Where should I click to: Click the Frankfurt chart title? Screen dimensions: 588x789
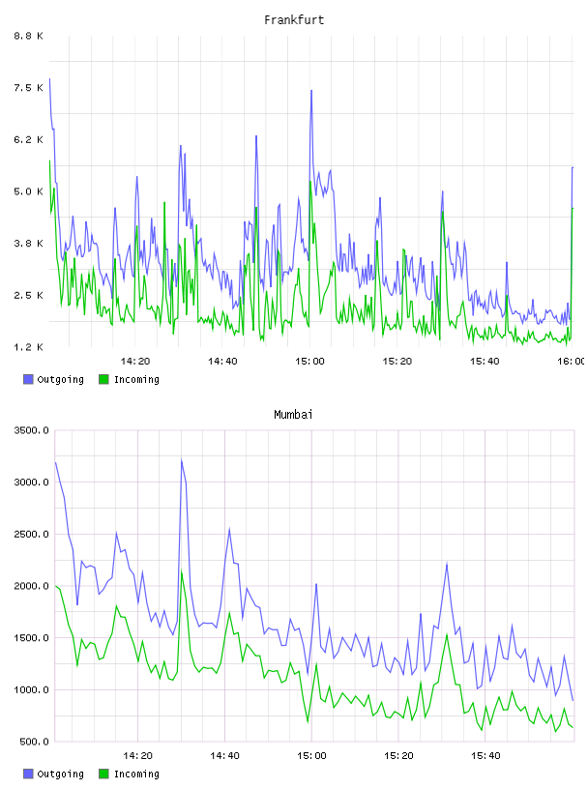[294, 20]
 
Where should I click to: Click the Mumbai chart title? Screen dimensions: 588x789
[293, 415]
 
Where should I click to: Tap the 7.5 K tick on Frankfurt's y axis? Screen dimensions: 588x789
[28, 88]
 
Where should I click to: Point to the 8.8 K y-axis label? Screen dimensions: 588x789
[28, 36]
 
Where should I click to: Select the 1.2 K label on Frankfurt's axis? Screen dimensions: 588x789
[28, 347]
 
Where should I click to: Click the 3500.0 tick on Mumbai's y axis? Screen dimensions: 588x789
[31, 430]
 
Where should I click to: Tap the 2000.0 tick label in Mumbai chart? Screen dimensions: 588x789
[31, 586]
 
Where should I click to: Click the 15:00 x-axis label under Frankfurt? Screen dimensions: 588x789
[309, 362]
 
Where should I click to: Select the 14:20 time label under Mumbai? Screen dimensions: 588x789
[137, 756]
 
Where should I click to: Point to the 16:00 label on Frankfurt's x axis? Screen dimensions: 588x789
[572, 362]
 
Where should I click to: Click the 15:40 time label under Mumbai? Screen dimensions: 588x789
[485, 756]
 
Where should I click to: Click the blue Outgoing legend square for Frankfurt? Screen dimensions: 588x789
[28, 379]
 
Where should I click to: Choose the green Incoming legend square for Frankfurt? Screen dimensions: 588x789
[103, 379]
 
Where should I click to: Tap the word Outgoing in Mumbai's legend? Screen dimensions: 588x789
[60, 774]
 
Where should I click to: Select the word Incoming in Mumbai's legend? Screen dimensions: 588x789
[136, 774]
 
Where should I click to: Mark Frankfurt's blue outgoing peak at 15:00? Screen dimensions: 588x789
[311, 91]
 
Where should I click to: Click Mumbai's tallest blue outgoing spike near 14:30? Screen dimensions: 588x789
[181, 460]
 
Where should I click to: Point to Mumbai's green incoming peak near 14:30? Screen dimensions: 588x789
[182, 571]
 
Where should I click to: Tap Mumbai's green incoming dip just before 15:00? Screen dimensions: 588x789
[308, 722]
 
